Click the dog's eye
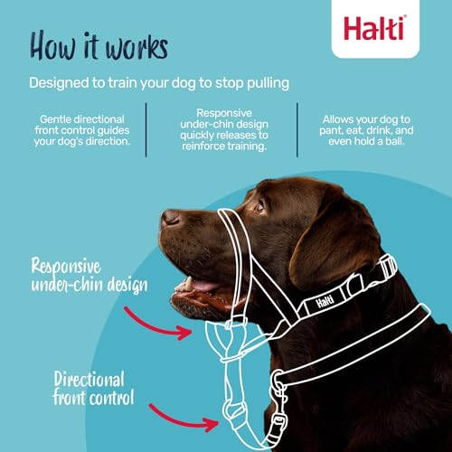tap(259, 207)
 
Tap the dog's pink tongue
tap(201, 287)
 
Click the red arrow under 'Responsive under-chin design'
tap(163, 322)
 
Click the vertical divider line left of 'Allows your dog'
tap(297, 129)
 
